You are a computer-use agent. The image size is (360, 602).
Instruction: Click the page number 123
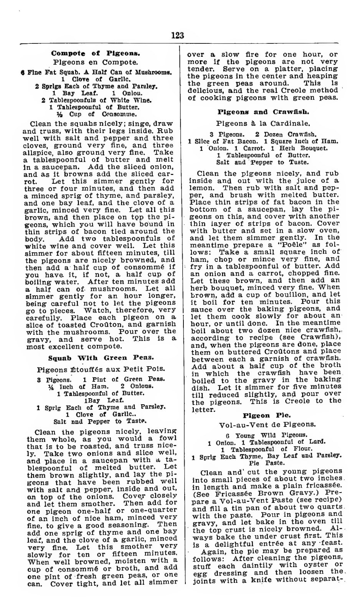coord(177,36)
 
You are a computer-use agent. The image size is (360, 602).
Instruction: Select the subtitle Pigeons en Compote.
coord(96,62)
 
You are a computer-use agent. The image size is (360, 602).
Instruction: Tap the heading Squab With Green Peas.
coord(101,357)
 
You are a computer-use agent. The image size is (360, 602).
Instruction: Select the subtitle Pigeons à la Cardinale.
coord(263,124)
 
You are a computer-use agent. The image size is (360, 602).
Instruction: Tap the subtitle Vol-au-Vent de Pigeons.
coord(267,425)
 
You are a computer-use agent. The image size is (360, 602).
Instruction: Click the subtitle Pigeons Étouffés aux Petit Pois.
coord(101,369)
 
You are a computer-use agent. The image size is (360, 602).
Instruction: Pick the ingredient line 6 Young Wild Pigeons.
coord(266,435)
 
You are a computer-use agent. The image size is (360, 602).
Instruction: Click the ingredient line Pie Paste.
coord(267,463)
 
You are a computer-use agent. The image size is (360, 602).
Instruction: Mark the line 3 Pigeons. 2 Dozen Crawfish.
coord(263,134)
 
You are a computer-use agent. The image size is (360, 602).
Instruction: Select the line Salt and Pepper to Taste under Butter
coord(262,162)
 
